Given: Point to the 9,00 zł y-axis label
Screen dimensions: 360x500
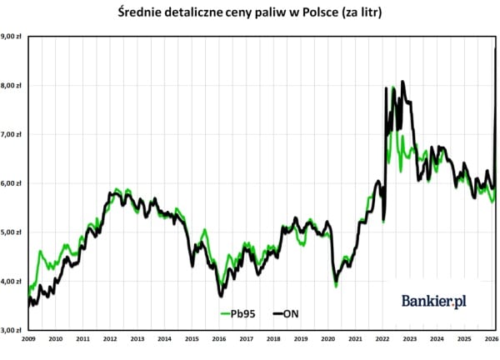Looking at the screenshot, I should (11, 36).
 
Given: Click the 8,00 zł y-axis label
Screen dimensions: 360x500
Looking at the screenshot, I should (11, 85).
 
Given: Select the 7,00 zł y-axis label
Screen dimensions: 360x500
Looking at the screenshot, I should (11, 134).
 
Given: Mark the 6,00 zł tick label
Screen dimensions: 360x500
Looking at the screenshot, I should (11, 183).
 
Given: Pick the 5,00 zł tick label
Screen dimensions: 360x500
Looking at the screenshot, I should (11, 232).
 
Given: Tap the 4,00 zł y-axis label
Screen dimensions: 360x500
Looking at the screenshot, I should (11, 282).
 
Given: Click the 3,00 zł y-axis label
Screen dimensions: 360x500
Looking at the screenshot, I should (11, 330).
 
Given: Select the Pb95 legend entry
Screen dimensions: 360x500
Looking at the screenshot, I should (237, 313).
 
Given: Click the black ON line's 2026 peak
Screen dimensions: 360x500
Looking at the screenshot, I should (497, 49).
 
